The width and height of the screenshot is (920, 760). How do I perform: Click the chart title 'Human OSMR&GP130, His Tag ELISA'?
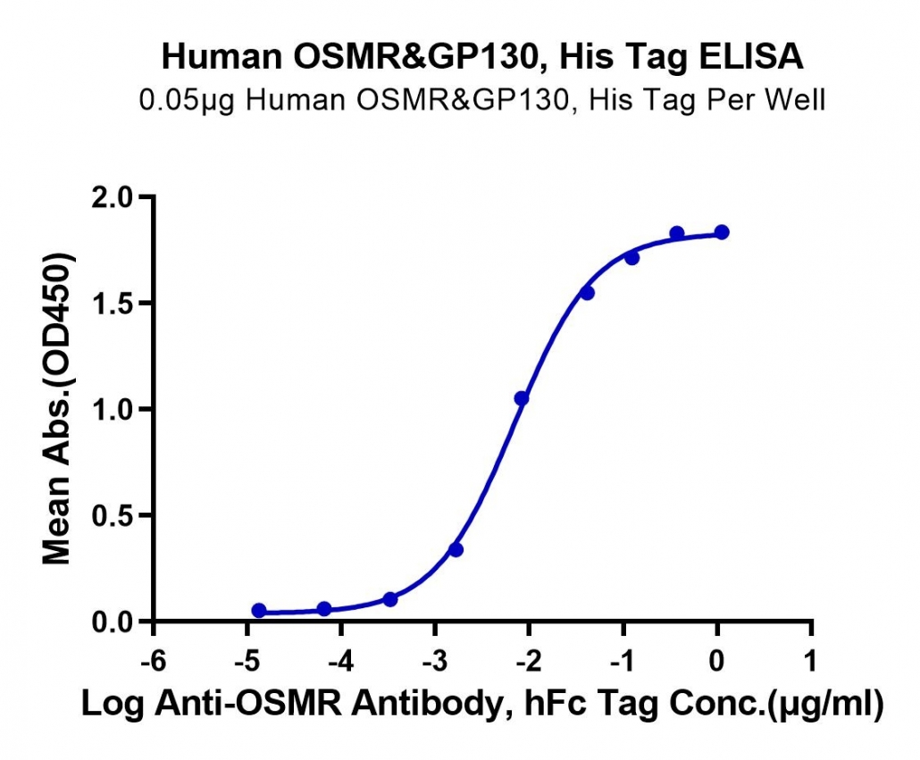coord(482,57)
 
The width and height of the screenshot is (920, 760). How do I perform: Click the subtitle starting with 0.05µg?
coord(482,100)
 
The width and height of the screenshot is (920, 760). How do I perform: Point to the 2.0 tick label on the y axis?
coord(113,197)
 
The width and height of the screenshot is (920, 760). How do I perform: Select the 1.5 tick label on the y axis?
coord(113,303)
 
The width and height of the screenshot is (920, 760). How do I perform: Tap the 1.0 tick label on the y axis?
coord(113,409)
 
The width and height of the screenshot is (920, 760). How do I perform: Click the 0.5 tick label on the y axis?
coord(113,515)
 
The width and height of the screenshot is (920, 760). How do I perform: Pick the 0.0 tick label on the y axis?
coord(113,622)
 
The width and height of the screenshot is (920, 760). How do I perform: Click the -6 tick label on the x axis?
coord(153,662)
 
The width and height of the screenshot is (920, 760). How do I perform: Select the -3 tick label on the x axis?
coord(435,662)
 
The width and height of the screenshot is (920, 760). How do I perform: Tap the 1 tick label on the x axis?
coord(811,662)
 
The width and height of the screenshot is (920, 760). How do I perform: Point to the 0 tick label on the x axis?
coord(716,662)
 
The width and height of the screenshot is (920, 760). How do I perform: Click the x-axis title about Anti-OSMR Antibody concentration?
coord(482,704)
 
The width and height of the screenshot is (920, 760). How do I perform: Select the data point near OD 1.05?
coord(522,399)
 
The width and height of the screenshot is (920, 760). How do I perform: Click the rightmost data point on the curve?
coord(722,232)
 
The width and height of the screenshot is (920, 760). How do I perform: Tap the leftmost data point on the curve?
coord(259,611)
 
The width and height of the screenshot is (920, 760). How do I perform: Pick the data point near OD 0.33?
coord(456,550)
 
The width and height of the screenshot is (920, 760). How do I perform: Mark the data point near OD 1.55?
coord(587,293)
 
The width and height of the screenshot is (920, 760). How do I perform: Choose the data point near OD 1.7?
coord(631,258)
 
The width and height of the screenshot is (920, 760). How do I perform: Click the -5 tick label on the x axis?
coord(247,662)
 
